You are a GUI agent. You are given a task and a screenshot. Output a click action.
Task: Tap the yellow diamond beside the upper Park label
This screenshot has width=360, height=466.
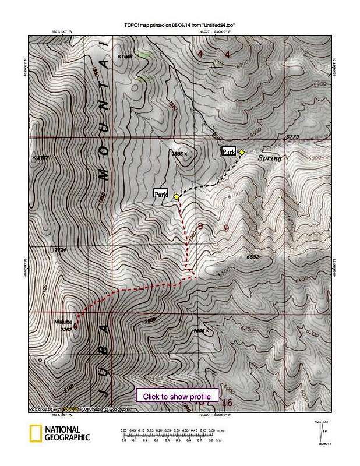coord(242,151)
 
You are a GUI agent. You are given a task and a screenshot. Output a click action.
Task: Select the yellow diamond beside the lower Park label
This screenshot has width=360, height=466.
coord(176,197)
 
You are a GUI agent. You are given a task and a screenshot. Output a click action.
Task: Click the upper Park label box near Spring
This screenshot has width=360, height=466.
coord(228,151)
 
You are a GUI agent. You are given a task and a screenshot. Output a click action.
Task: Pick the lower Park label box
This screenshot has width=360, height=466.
coord(161,193)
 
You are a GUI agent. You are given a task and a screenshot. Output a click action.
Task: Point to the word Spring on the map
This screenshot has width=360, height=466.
coord(269,158)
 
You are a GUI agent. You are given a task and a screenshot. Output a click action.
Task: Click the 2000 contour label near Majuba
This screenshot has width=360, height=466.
coord(151,320)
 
